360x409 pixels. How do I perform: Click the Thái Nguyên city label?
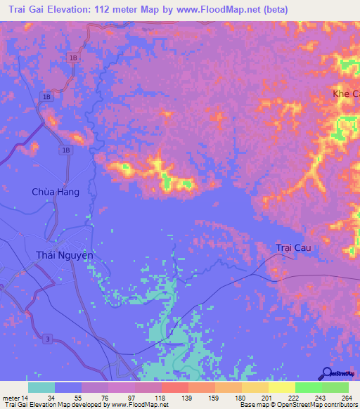pyautogui.click(x=63, y=256)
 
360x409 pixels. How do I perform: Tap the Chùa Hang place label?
pyautogui.click(x=51, y=191)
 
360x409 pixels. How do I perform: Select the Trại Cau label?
pyautogui.click(x=293, y=248)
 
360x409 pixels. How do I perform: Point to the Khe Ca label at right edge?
pyautogui.click(x=345, y=93)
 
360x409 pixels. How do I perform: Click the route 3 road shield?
pyautogui.click(x=46, y=339)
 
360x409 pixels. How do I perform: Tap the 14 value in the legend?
pyautogui.click(x=25, y=397)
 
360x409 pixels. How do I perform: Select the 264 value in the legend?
pyautogui.click(x=347, y=397)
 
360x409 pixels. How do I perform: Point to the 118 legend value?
pyautogui.click(x=160, y=397)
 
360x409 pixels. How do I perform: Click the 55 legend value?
pyautogui.click(x=80, y=397)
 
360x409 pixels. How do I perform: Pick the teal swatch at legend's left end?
pyautogui.click(x=41, y=387)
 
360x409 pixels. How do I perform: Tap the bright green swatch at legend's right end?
pyautogui.click(x=335, y=387)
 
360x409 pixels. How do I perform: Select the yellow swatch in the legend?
pyautogui.click(x=282, y=387)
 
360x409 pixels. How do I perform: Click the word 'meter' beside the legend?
pyautogui.click(x=10, y=397)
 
